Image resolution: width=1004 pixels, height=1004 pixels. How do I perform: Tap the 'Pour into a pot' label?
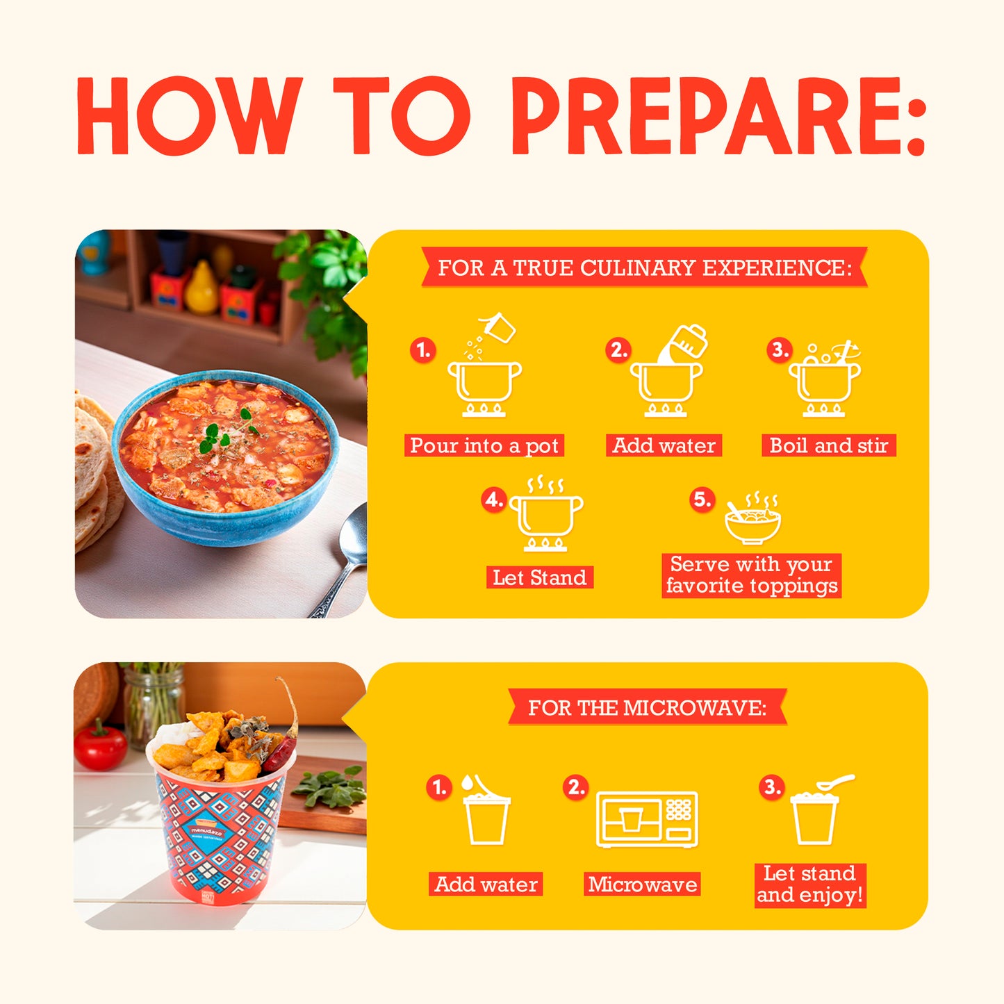(484, 445)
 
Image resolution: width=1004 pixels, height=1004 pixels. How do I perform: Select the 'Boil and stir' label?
(828, 445)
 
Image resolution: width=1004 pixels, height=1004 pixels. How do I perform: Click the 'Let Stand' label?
(539, 577)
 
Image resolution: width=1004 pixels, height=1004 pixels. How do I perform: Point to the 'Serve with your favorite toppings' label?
(751, 575)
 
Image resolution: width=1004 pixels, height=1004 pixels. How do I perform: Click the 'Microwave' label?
(642, 884)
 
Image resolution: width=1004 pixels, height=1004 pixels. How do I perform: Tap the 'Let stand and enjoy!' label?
(809, 884)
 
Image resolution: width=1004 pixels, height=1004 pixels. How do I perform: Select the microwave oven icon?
(647, 819)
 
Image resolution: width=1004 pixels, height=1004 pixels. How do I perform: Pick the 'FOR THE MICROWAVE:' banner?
(647, 707)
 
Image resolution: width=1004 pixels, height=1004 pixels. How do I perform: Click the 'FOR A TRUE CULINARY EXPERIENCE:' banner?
(644, 268)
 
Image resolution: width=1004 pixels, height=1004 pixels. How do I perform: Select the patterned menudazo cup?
(220, 834)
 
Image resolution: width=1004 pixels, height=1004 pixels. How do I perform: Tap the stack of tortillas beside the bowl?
(92, 472)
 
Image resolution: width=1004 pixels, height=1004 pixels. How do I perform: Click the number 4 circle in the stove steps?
(493, 500)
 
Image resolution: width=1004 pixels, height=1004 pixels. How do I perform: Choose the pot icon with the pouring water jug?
(668, 372)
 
